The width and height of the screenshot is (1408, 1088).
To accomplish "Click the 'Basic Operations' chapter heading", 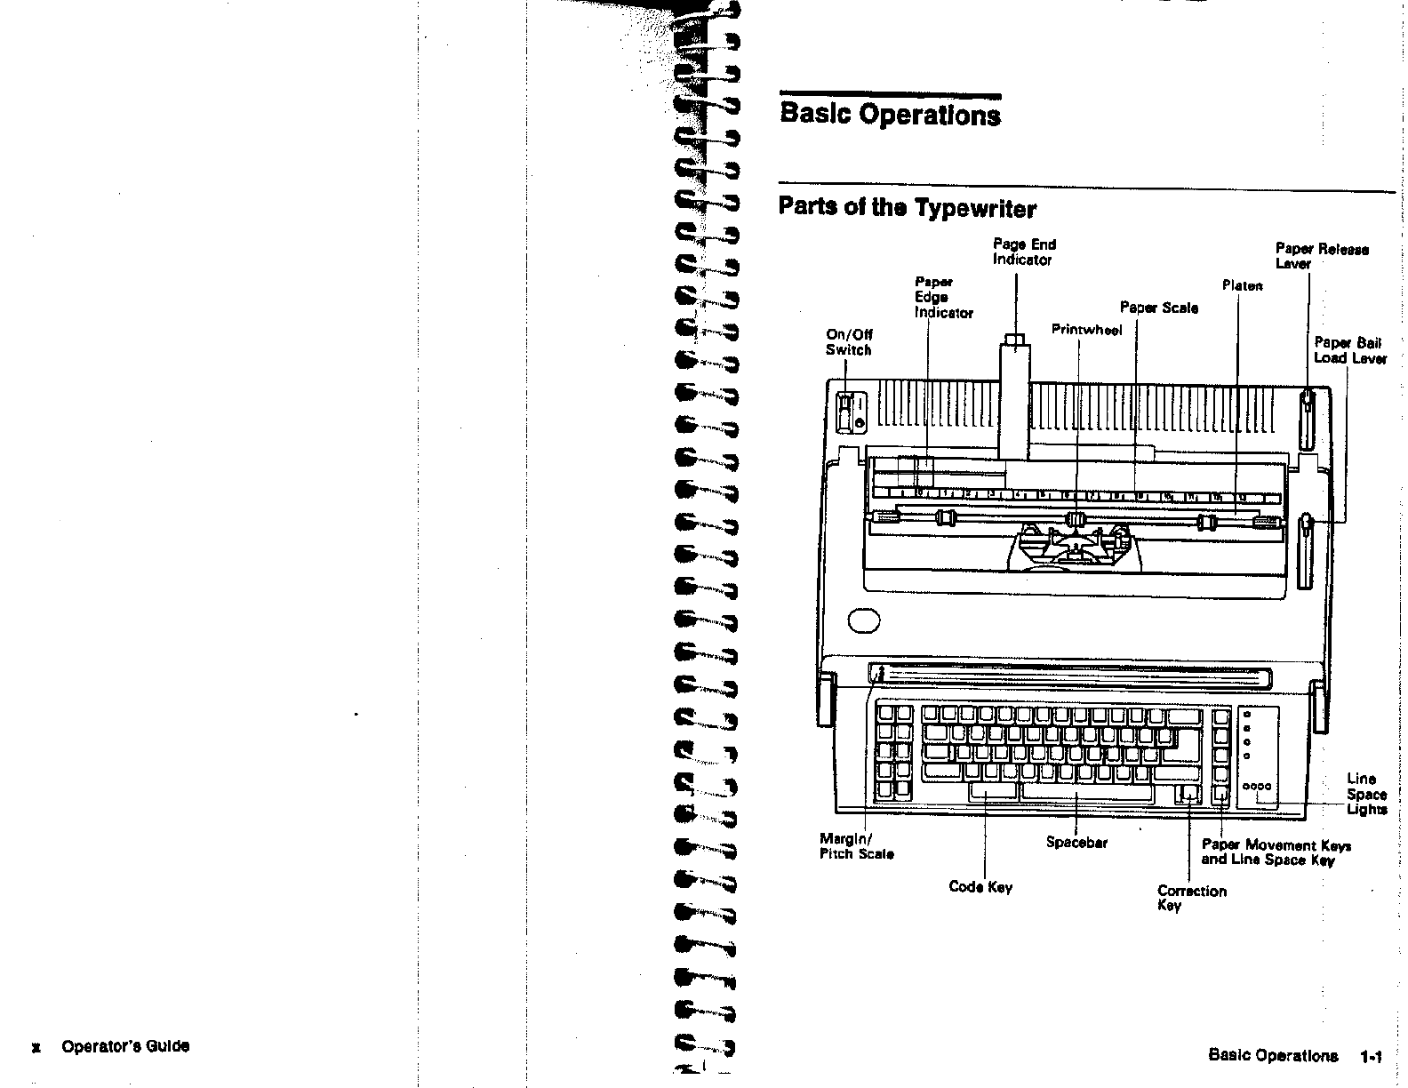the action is click(890, 116).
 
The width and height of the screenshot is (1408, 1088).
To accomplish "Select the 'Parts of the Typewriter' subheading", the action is click(907, 208).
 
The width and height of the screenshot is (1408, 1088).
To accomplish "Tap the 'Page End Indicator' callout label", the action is click(1024, 252).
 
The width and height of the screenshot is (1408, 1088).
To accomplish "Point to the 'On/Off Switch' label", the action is click(849, 342).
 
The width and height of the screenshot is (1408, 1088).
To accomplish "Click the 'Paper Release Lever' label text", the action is click(1322, 256).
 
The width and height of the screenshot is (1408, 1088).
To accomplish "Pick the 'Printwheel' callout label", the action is click(1086, 330).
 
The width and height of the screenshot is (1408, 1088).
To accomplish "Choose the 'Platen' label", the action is click(1242, 285).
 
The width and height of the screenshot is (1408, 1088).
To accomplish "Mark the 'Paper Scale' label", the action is click(1158, 308).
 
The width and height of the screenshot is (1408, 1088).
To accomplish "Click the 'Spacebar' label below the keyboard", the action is click(1076, 842).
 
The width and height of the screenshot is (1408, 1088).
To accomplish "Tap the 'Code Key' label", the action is click(980, 886).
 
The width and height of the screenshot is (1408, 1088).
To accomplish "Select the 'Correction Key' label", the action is click(1191, 897).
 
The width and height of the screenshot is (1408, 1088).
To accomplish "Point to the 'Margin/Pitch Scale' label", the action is click(856, 845).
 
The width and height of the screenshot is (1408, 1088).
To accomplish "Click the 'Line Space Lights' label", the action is click(1366, 794).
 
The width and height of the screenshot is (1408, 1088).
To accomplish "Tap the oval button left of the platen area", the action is click(864, 620).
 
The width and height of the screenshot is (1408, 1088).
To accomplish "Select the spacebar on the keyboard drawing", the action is click(1086, 791).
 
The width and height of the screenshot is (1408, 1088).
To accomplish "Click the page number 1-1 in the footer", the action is click(1371, 1057).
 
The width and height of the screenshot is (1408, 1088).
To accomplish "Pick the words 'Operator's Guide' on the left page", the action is click(124, 1046).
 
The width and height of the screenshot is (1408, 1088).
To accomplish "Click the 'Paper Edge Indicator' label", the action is click(943, 298).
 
